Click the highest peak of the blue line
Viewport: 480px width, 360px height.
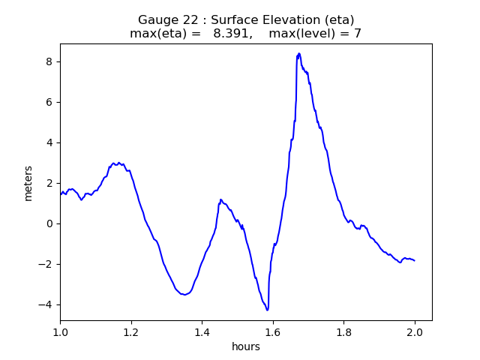[x=298, y=54]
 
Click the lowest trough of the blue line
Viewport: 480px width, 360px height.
[x=267, y=310]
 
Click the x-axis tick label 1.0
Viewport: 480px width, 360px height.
[x=60, y=331]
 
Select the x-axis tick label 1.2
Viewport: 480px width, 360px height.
[x=131, y=331]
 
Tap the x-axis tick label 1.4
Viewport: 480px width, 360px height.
[x=202, y=331]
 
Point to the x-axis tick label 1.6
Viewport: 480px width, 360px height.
[x=273, y=331]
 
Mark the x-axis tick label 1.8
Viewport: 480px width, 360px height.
[x=343, y=331]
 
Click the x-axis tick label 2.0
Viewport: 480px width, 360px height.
[x=415, y=331]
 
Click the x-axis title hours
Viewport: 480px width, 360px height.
[x=246, y=346]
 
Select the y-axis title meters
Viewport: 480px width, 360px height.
[x=28, y=183]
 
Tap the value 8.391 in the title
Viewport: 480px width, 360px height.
[x=231, y=34]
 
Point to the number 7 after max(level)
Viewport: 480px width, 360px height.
[x=358, y=34]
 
